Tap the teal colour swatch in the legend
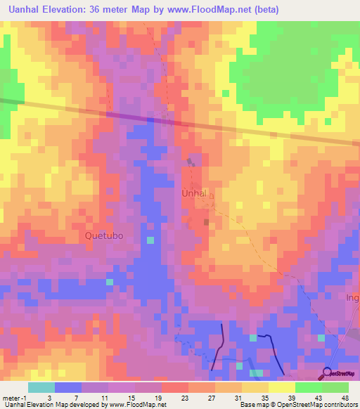tap(41, 387)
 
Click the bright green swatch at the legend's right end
tap(335, 387)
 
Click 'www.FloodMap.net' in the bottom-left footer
tap(136, 405)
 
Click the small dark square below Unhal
tap(207, 221)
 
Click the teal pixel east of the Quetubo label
tap(150, 240)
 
